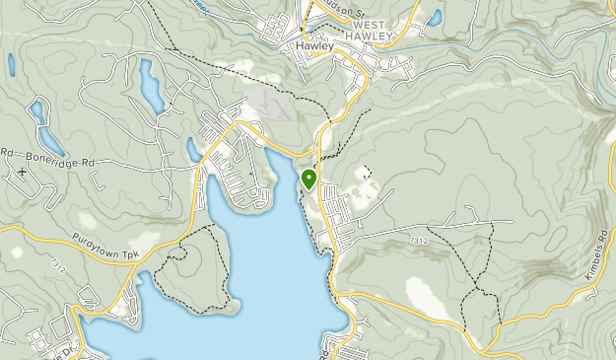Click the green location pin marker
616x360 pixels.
click(309, 180)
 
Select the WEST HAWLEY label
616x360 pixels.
click(370, 31)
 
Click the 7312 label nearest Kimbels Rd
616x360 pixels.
click(420, 241)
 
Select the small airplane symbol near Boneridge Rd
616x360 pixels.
click(22, 172)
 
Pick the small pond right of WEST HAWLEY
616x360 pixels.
click(435, 17)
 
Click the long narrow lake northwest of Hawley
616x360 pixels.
click(151, 86)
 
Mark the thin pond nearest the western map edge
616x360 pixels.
click(12, 66)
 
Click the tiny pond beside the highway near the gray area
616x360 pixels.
click(193, 149)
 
